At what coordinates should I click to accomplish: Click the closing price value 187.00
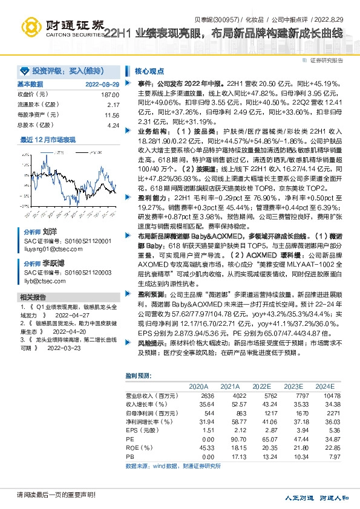point(110,95)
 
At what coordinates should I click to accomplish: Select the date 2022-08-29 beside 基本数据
point(102,85)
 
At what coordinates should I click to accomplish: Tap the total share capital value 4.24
point(113,125)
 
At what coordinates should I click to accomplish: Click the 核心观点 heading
point(146,70)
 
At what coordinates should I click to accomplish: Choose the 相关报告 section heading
point(33,297)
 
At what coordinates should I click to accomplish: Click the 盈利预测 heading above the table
point(138,375)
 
